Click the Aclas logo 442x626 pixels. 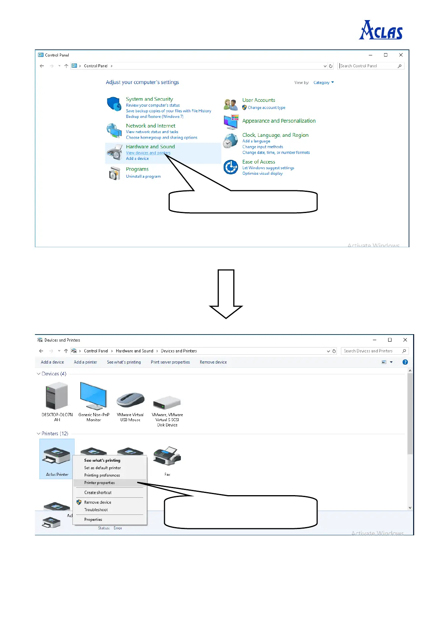click(381, 30)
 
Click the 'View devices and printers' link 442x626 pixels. click(148, 153)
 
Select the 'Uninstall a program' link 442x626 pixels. click(143, 177)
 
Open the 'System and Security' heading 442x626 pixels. click(149, 99)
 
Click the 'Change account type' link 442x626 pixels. click(266, 108)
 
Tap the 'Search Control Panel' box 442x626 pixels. click(368, 66)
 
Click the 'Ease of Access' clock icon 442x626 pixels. click(231, 167)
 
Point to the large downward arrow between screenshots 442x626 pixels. click(226, 294)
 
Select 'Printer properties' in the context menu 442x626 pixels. click(100, 483)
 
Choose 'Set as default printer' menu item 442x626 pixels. click(103, 468)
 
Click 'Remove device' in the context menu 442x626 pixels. click(98, 502)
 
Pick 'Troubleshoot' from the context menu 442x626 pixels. click(96, 510)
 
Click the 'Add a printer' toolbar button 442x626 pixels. click(85, 362)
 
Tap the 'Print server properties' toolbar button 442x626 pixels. click(170, 362)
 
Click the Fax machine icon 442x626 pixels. click(167, 456)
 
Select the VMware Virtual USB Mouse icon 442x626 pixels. click(130, 399)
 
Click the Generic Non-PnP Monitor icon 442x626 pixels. click(94, 396)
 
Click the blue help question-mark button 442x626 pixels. click(405, 362)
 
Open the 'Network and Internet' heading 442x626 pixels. click(150, 126)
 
